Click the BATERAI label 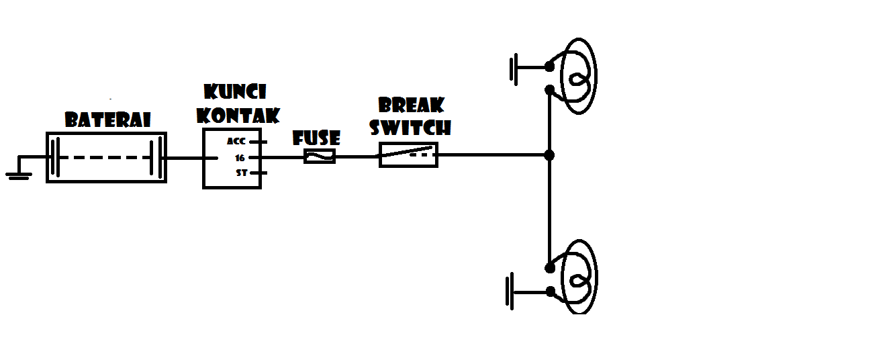point(108,120)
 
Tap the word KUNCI point(235,91)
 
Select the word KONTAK point(238,116)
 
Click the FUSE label point(316,138)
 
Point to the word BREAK point(411,105)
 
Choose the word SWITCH point(410,128)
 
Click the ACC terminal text point(236,141)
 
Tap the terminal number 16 point(240,159)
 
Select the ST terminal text point(242,173)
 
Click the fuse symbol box point(320,156)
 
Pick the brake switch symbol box point(408,154)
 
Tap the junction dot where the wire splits point(549,155)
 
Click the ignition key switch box point(232,159)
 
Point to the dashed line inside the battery point(105,157)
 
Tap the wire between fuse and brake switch point(357,156)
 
